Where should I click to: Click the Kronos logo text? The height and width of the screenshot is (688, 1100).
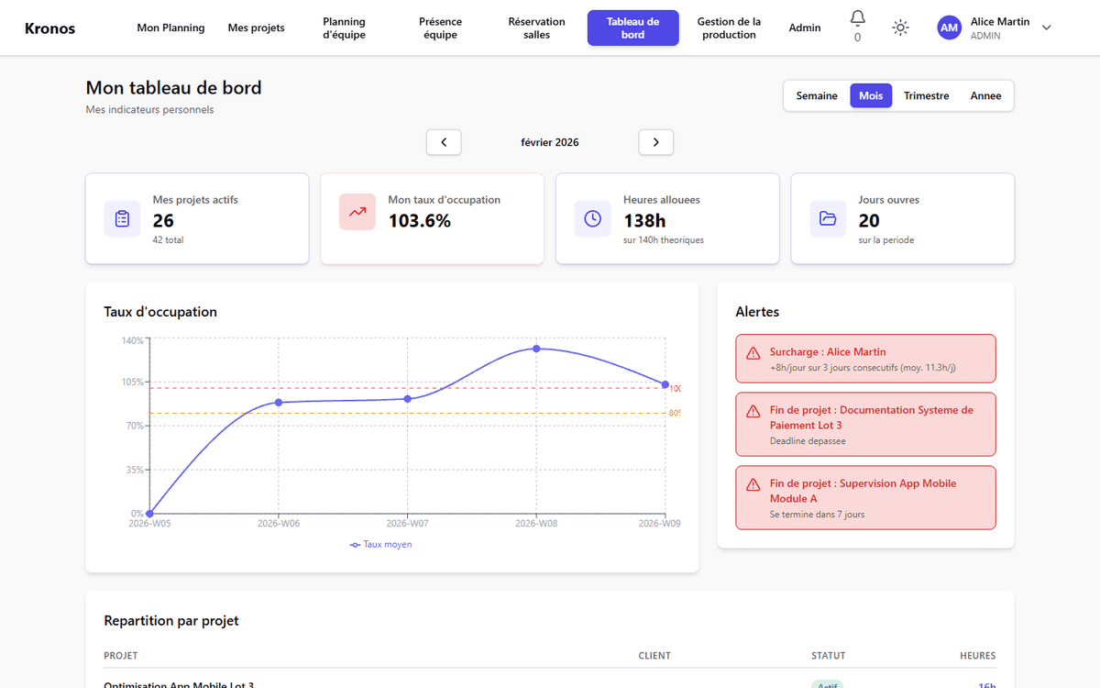pyautogui.click(x=49, y=28)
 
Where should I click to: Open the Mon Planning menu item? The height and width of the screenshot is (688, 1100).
pyautogui.click(x=170, y=28)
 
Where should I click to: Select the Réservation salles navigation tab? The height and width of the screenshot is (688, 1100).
pyautogui.click(x=536, y=28)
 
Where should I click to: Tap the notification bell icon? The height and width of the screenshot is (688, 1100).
pyautogui.click(x=857, y=18)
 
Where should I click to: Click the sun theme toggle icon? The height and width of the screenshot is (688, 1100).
pyautogui.click(x=901, y=28)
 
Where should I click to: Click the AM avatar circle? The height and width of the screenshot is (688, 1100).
pyautogui.click(x=949, y=28)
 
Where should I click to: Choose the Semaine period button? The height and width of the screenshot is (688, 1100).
pyautogui.click(x=816, y=95)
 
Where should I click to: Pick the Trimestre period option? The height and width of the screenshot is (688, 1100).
pyautogui.click(x=926, y=95)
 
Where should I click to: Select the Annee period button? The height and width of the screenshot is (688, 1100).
pyautogui.click(x=985, y=95)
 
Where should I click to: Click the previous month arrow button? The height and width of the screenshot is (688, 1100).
pyautogui.click(x=444, y=142)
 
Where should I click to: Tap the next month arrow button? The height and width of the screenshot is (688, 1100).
pyautogui.click(x=655, y=142)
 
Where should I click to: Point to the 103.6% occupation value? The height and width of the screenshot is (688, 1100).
pyautogui.click(x=419, y=221)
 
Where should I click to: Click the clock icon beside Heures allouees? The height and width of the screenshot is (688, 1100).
pyautogui.click(x=593, y=218)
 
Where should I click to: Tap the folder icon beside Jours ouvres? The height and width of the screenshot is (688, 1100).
pyautogui.click(x=828, y=218)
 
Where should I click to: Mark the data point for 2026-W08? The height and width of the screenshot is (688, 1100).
pyautogui.click(x=536, y=349)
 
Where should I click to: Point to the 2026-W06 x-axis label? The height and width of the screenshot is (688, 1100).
pyautogui.click(x=279, y=524)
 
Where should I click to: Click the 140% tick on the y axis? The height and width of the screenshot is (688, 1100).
pyautogui.click(x=133, y=340)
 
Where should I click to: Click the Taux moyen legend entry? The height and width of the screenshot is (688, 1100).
pyautogui.click(x=381, y=544)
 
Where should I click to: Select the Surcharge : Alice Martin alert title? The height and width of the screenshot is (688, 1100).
pyautogui.click(x=828, y=351)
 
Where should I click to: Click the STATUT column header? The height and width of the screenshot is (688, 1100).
pyautogui.click(x=828, y=656)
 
